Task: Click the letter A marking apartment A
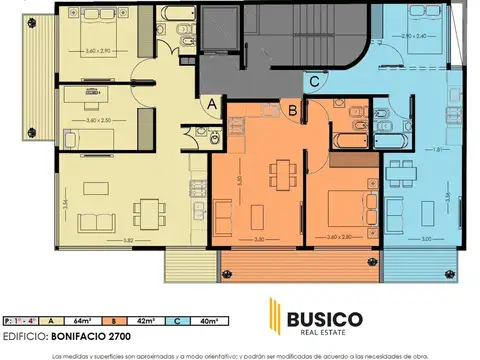(213, 102)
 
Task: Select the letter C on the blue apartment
(314, 81)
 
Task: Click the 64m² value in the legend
(87, 320)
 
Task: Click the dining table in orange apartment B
(286, 170)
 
